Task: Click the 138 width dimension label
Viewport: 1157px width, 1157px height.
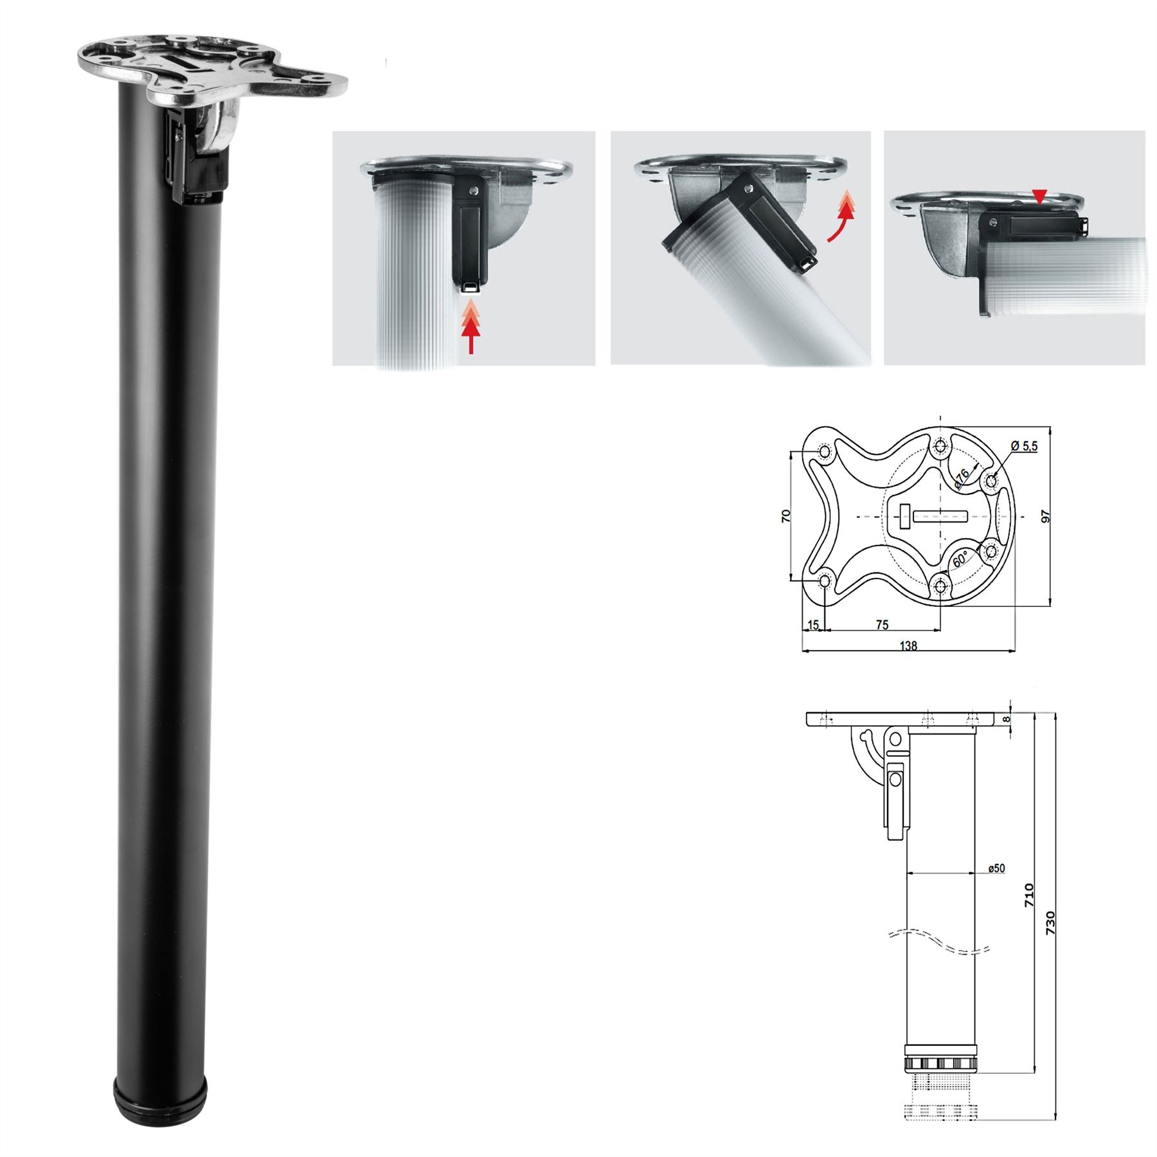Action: [x=908, y=645]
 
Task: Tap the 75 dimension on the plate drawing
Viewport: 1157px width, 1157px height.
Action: [x=882, y=625]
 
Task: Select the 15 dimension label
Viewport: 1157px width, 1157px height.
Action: [x=813, y=625]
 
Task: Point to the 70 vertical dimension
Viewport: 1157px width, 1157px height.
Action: [x=786, y=516]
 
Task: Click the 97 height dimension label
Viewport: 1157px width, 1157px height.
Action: [x=1046, y=516]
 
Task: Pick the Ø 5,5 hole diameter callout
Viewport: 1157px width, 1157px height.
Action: [x=1024, y=445]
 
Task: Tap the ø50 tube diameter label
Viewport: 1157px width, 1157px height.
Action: [x=996, y=868]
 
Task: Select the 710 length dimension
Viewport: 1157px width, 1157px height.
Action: [x=1029, y=895]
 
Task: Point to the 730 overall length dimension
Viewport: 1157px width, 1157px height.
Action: [x=1050, y=923]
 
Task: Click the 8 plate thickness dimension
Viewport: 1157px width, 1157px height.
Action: [x=1007, y=719]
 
